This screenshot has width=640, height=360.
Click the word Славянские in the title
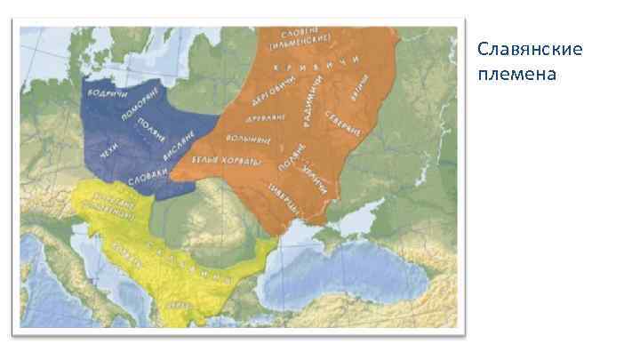(530, 48)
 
